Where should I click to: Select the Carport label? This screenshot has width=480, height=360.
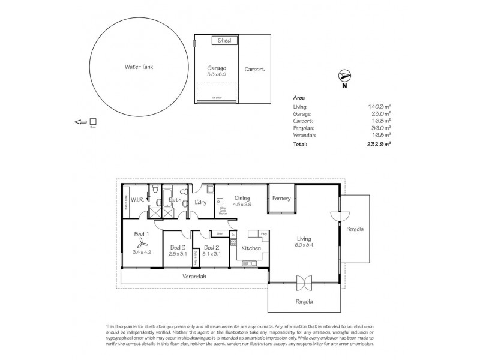[254, 70]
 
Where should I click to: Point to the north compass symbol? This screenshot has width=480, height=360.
[344, 76]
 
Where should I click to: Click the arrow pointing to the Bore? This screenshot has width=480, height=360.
[80, 122]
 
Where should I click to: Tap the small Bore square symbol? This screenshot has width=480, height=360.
[92, 122]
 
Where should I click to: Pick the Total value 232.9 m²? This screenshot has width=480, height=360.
[380, 145]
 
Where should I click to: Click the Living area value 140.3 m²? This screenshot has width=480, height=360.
[380, 106]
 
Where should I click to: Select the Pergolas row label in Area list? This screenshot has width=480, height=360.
[303, 128]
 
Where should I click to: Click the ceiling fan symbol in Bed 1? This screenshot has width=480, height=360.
[142, 242]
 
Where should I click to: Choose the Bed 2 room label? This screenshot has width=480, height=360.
[212, 247]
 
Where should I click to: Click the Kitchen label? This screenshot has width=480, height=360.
[250, 248]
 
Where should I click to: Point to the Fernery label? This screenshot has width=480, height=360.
[281, 199]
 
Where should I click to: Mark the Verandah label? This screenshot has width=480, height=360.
[194, 276]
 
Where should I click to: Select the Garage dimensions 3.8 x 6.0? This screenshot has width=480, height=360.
[216, 75]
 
